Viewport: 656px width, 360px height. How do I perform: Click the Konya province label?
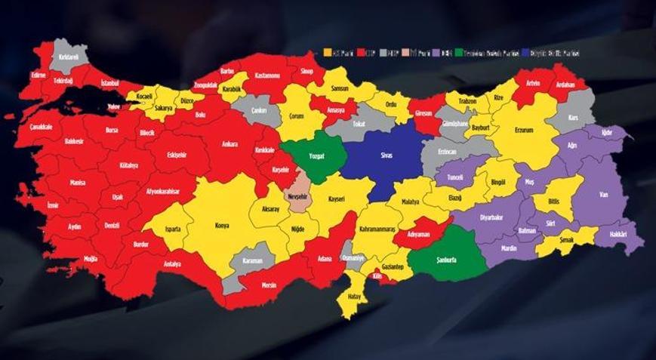click(222, 225)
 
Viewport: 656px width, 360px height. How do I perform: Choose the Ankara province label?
click(229, 143)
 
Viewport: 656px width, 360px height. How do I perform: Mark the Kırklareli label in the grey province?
click(70, 57)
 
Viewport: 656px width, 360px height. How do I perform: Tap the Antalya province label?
click(172, 264)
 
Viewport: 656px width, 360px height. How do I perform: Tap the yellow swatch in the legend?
click(327, 53)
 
